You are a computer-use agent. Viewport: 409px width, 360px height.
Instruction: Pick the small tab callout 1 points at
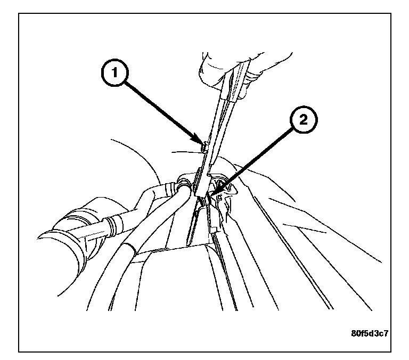pyautogui.click(x=204, y=145)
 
